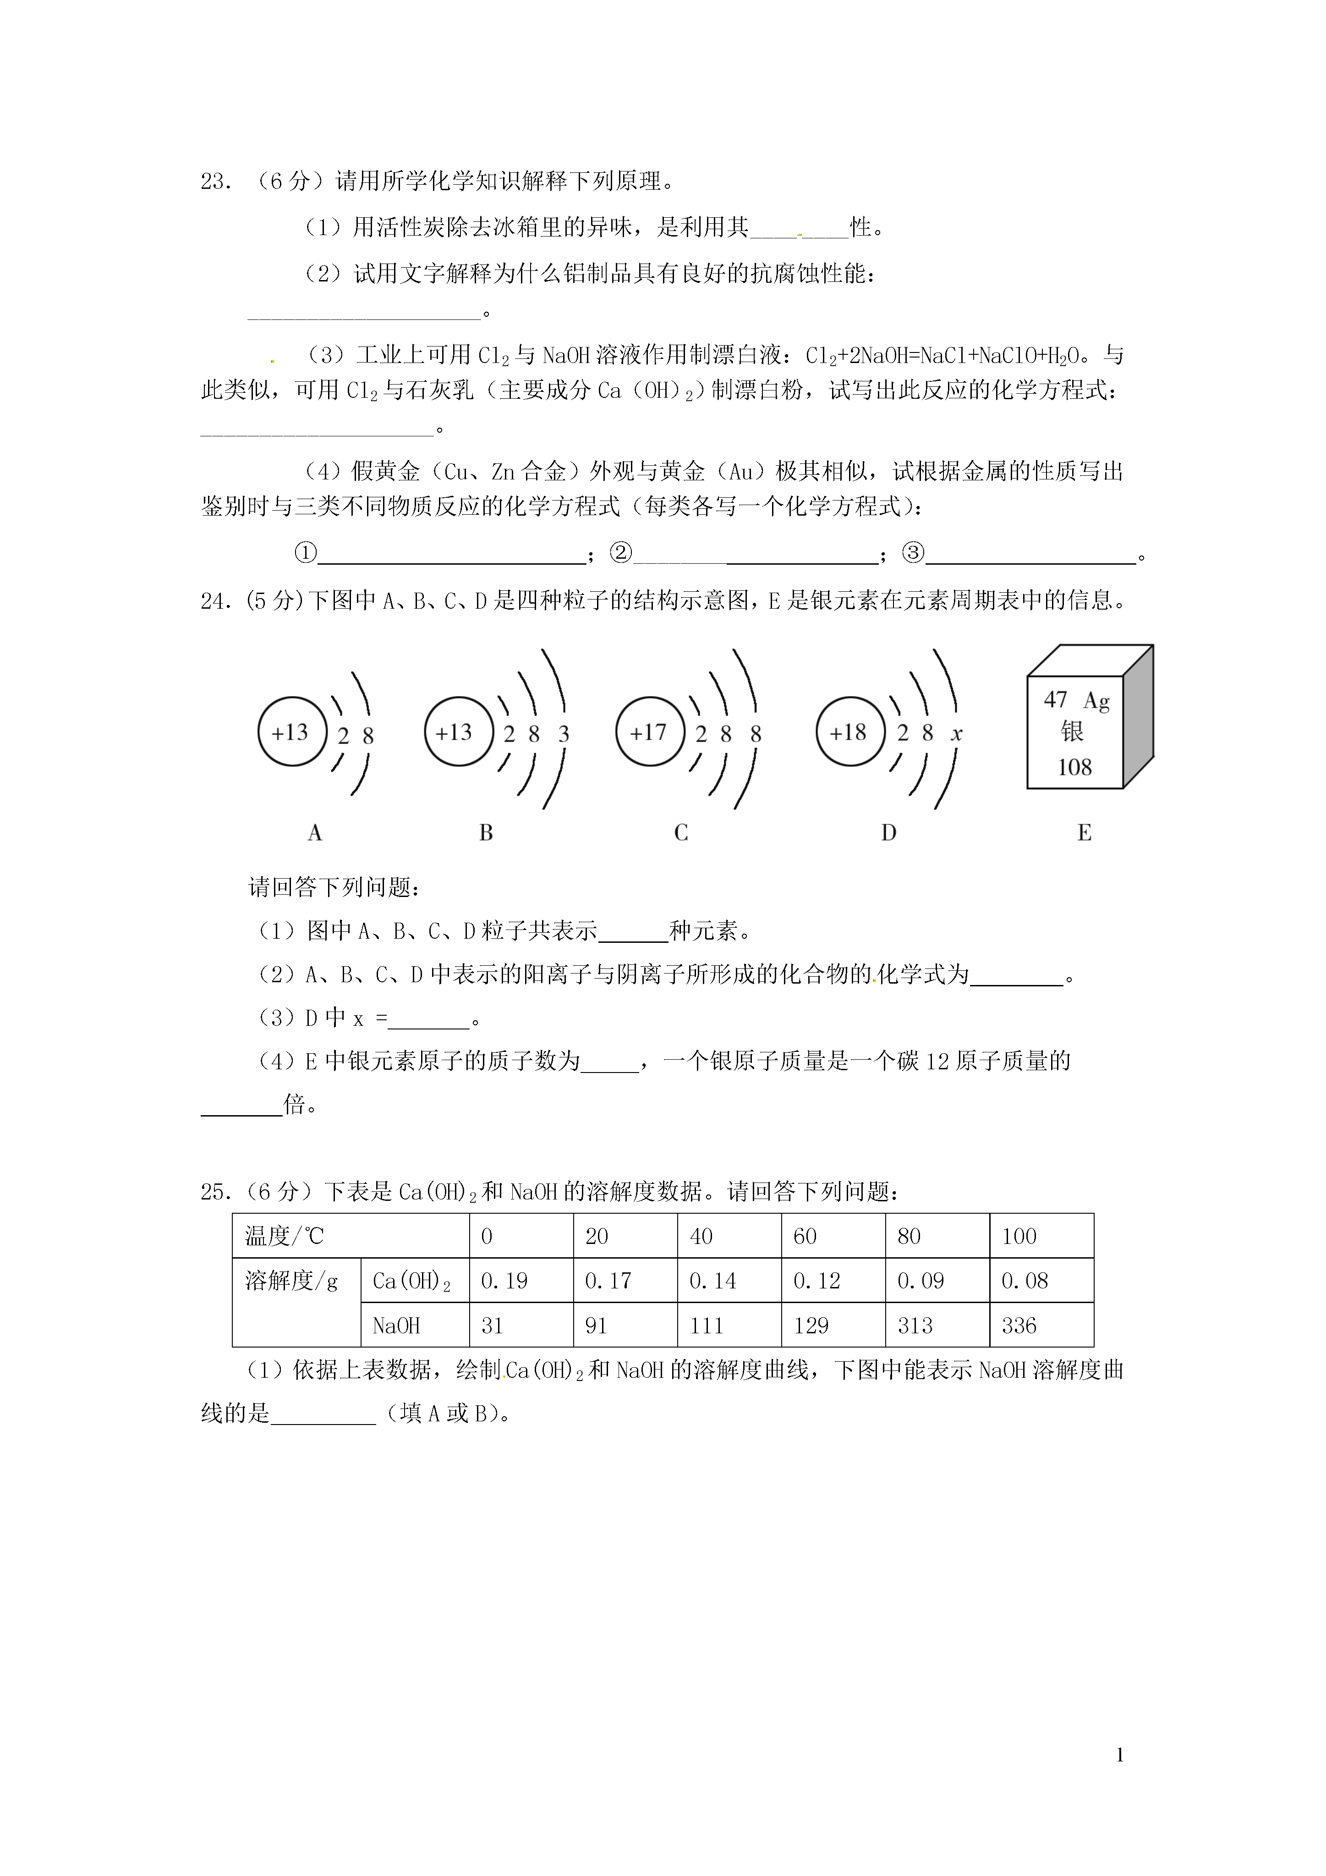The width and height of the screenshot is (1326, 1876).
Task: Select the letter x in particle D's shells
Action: [x=957, y=735]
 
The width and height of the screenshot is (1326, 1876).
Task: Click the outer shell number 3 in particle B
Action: [x=563, y=735]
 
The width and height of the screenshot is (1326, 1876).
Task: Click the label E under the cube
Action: [x=1084, y=833]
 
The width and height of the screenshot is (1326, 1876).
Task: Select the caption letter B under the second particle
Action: [x=486, y=833]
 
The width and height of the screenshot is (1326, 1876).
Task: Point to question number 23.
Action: [x=214, y=182]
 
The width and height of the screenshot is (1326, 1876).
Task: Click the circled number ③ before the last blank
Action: [x=914, y=554]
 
